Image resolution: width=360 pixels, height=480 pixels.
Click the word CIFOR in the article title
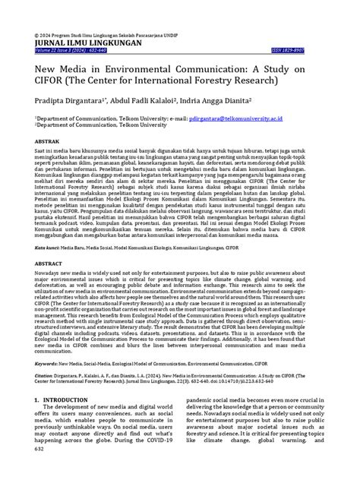(53, 82)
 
